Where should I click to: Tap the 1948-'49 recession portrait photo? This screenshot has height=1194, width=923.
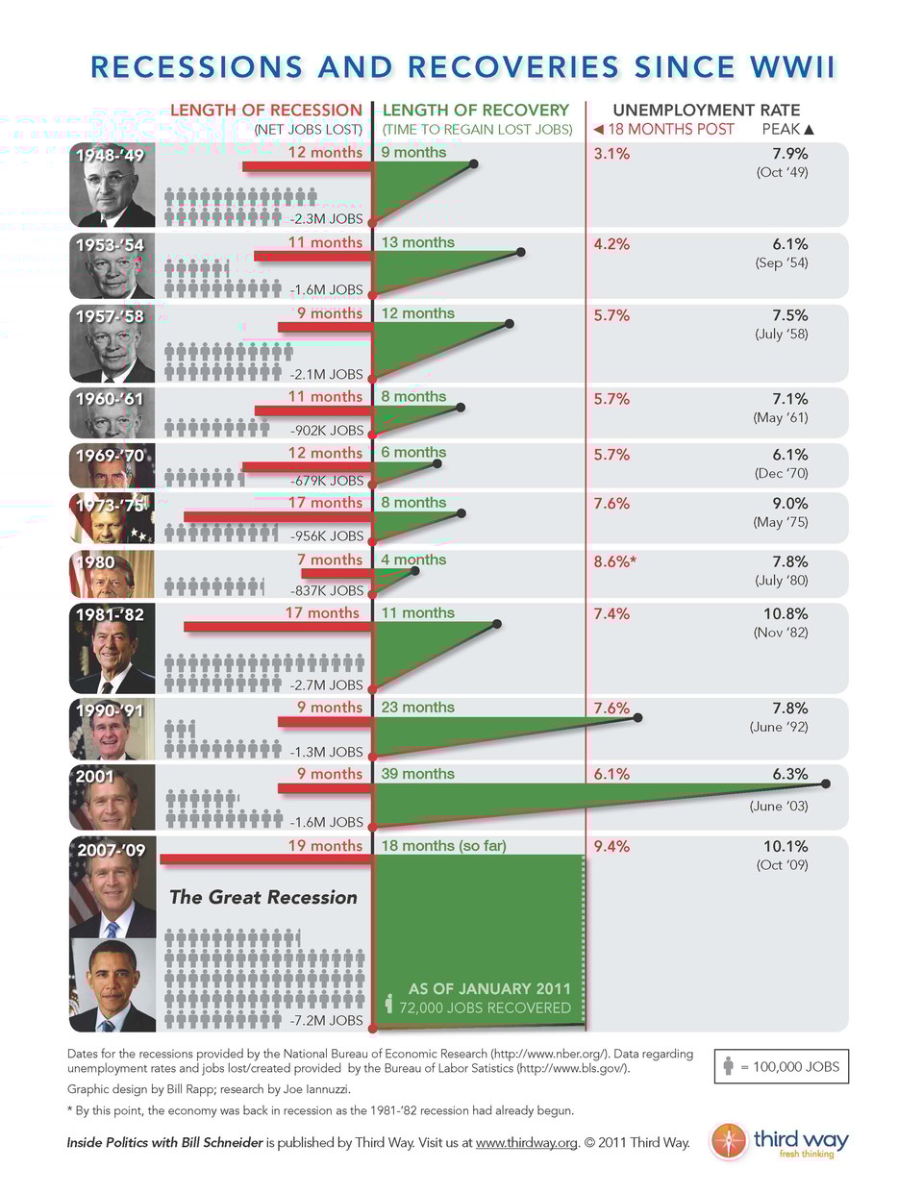click(112, 186)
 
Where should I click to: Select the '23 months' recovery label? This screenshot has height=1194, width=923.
click(417, 708)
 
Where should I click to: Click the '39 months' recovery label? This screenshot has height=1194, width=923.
click(417, 774)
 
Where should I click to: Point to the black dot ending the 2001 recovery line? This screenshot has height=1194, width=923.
click(826, 784)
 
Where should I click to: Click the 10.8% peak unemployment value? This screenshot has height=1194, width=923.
click(785, 613)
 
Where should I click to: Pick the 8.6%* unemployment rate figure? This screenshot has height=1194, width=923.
click(614, 561)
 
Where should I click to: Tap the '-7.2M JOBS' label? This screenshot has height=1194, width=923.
click(327, 1020)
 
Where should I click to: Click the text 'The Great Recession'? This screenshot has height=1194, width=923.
click(262, 897)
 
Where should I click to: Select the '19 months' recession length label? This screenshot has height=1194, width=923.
click(325, 846)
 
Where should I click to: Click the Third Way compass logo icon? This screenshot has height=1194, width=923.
click(729, 1141)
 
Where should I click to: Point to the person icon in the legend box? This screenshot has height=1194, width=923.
click(729, 1067)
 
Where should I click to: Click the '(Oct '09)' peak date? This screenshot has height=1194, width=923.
click(782, 865)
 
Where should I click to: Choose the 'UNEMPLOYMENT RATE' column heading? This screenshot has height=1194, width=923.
click(706, 111)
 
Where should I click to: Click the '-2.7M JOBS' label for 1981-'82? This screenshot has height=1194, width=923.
click(327, 685)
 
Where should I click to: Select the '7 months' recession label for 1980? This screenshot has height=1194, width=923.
click(330, 560)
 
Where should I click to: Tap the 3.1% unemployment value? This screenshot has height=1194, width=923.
click(611, 154)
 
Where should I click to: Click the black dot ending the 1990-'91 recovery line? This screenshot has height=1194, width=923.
click(638, 718)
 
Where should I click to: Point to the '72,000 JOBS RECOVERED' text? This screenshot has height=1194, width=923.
click(485, 1007)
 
